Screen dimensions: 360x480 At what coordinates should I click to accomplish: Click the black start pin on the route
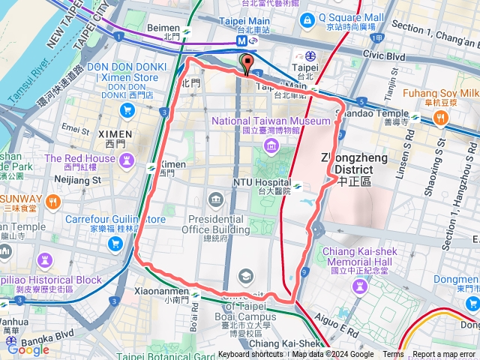click(246, 63)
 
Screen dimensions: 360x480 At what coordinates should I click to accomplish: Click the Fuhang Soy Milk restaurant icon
click(440, 117)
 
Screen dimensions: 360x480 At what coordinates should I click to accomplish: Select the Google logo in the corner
click(28, 349)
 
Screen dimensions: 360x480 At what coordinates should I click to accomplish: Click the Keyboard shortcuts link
click(250, 355)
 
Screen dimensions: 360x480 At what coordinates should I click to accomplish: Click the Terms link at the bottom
click(393, 355)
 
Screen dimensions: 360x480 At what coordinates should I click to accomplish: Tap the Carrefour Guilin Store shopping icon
click(115, 243)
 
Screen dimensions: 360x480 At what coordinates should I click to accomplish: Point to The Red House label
click(79, 158)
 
